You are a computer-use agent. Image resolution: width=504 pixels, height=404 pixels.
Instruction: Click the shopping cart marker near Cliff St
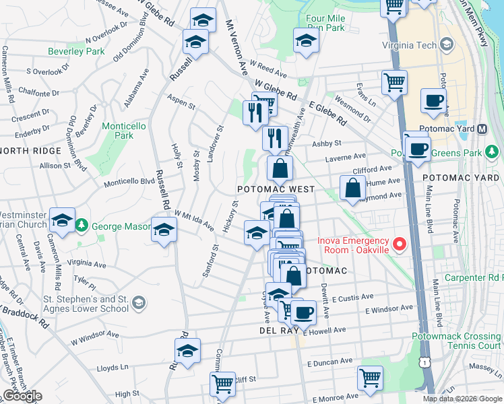pos(222,384)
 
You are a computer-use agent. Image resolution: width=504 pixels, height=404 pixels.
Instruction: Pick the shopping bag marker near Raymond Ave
pos(352,188)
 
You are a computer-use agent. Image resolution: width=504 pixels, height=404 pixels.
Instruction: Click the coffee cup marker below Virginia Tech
pos(433,102)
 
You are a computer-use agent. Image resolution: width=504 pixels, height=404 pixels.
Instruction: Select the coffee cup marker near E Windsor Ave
pos(303,312)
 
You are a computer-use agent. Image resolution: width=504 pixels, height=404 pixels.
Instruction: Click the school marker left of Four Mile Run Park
pos(306,41)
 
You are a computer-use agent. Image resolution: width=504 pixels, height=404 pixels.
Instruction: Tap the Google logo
pos(22,396)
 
